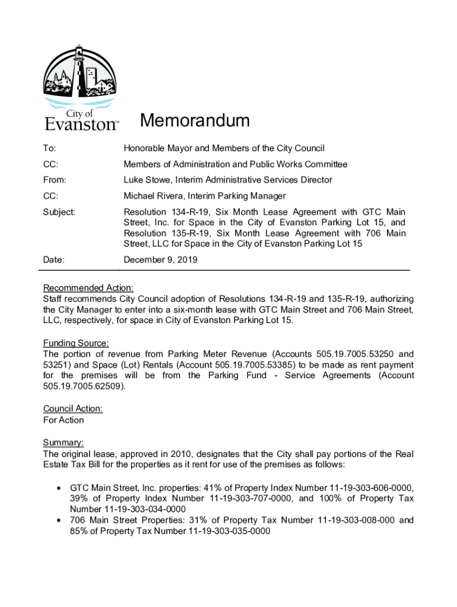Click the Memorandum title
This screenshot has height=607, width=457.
(195, 122)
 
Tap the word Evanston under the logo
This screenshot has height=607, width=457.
(81, 124)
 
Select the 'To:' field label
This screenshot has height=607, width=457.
(50, 148)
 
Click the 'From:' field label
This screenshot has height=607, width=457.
(55, 180)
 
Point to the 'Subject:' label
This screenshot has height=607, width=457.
(59, 212)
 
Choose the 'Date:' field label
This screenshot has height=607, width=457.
(53, 260)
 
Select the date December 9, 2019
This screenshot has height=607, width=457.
(160, 260)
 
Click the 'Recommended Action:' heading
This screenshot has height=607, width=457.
(88, 288)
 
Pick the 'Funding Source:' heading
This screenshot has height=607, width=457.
(76, 343)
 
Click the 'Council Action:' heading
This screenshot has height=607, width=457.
(73, 408)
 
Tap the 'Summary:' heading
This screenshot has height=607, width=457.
(64, 443)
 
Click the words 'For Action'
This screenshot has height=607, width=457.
(64, 420)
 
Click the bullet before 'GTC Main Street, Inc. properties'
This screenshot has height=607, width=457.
(58, 487)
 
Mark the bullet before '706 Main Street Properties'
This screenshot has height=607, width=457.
(58, 520)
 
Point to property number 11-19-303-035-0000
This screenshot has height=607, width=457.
(228, 531)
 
